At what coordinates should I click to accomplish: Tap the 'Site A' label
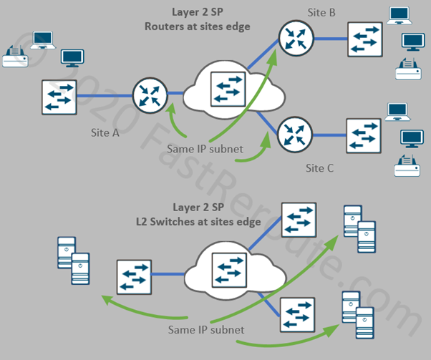point(105,133)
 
